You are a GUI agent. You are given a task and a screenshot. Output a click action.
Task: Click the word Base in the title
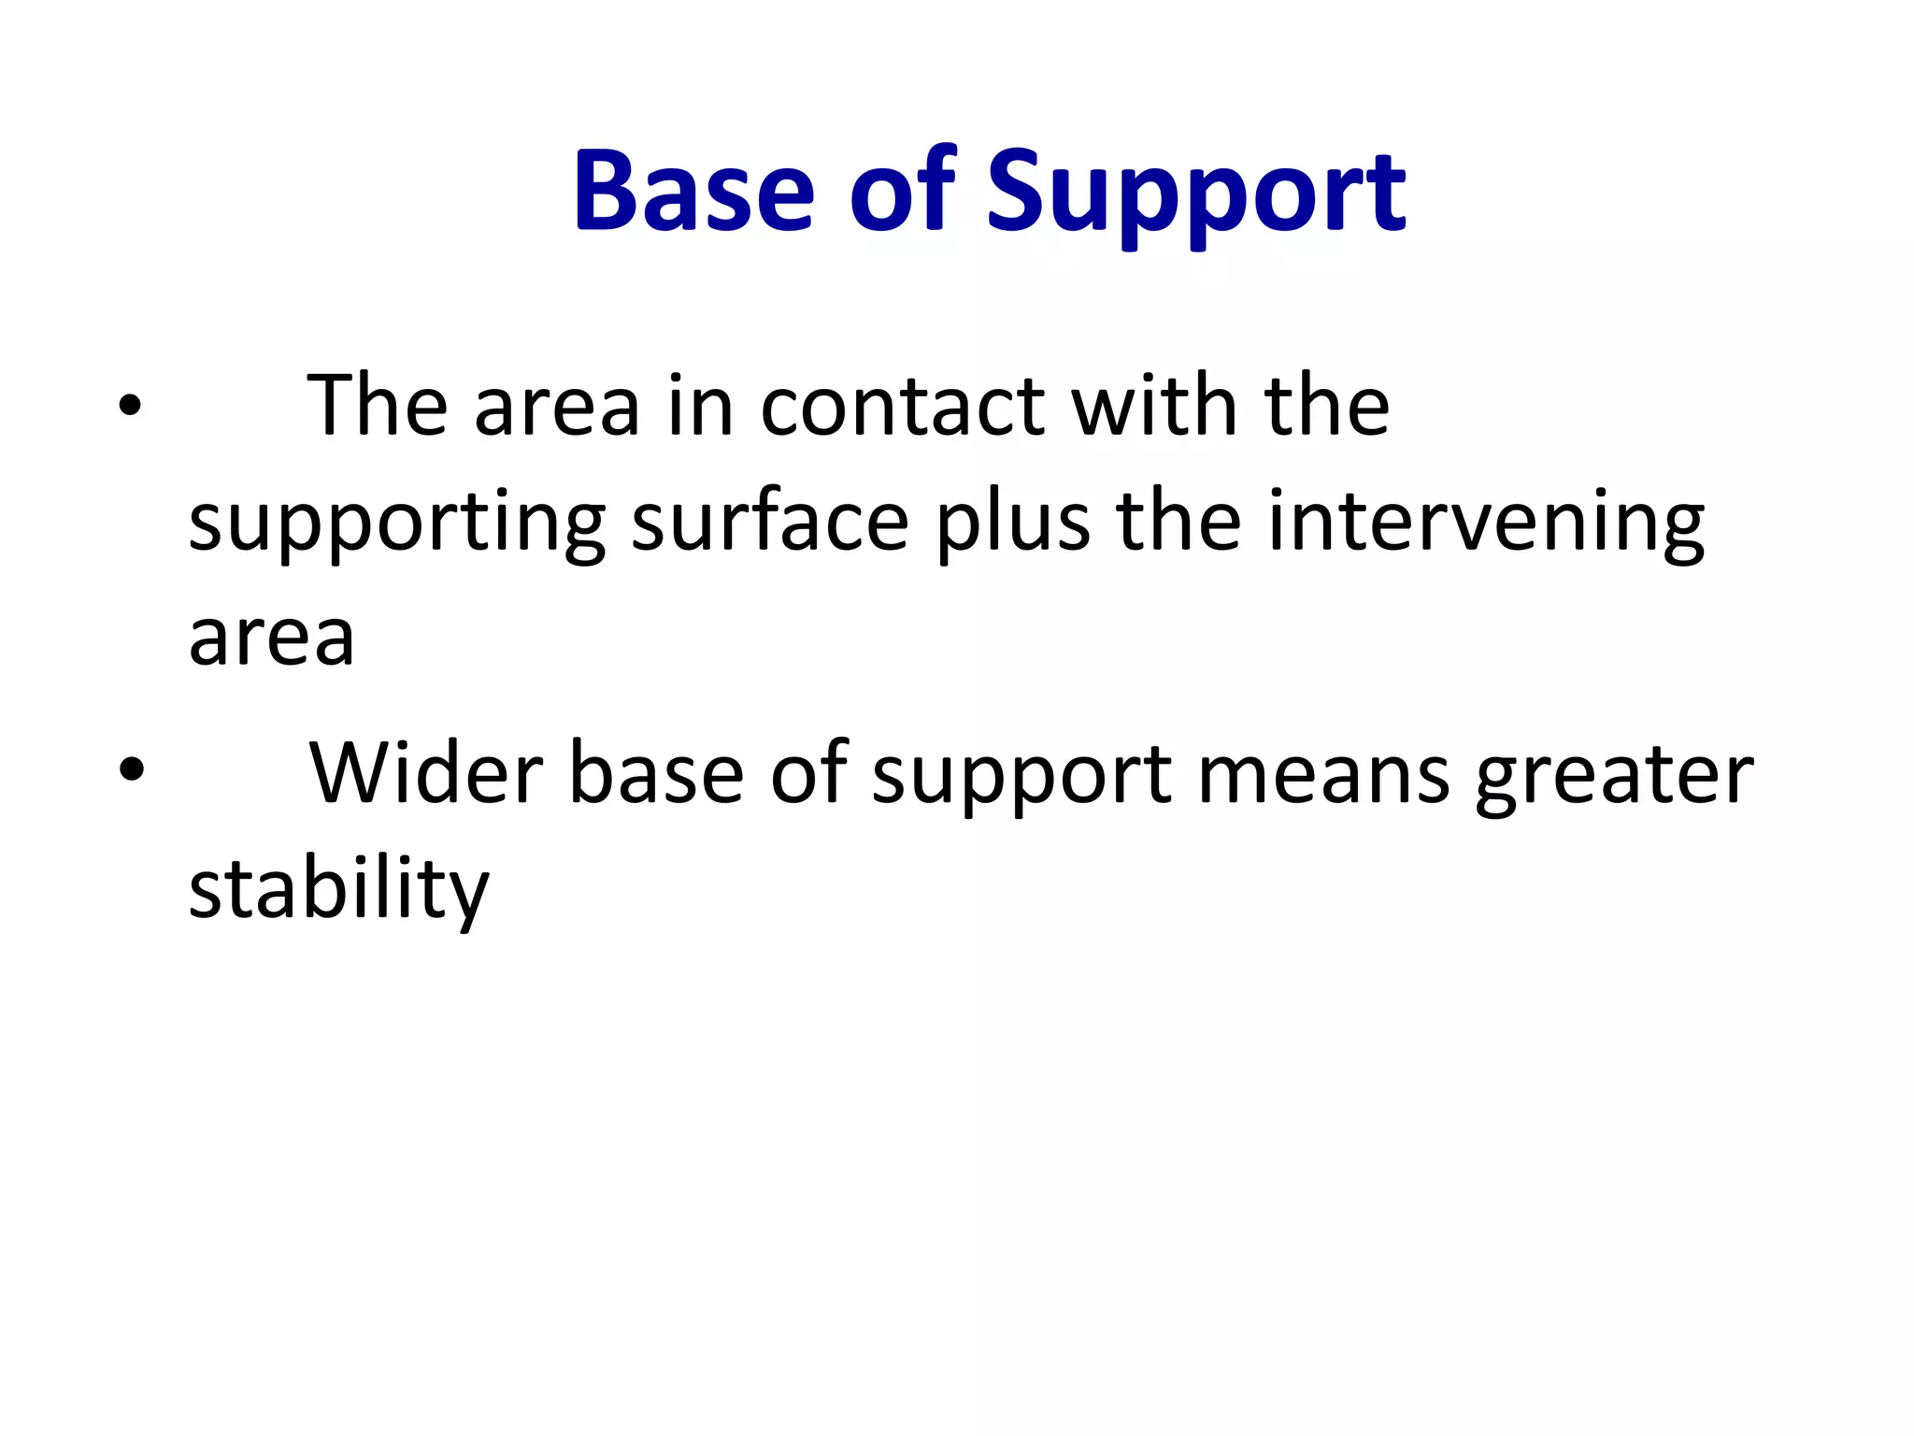coord(693,192)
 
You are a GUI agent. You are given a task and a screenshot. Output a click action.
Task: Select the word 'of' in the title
coord(902,192)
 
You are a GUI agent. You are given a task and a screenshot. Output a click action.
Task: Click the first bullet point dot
coord(130,406)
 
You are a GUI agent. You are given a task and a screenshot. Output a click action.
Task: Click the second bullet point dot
coord(132,768)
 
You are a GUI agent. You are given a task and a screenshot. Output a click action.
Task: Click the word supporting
coord(397,524)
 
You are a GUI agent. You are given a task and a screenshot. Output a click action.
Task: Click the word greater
coord(1614,776)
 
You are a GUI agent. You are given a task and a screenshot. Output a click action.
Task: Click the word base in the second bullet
coord(656,774)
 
